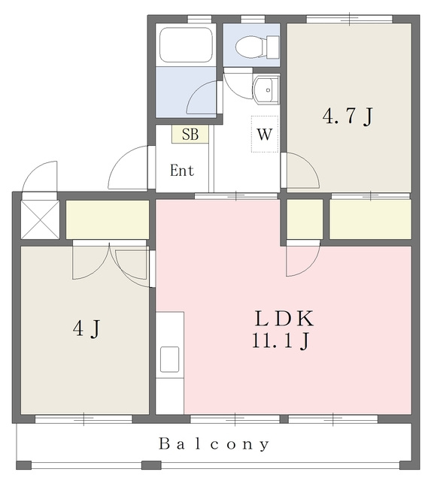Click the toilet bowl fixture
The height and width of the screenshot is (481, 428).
click(x=257, y=47)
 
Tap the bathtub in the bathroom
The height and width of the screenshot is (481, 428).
click(x=186, y=45)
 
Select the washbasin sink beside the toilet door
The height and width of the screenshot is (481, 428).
click(x=266, y=89)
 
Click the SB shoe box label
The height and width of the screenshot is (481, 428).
click(x=190, y=134)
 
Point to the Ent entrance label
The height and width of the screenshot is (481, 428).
click(x=182, y=171)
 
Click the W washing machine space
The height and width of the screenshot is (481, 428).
click(x=265, y=134)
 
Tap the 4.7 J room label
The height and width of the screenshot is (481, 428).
click(x=348, y=116)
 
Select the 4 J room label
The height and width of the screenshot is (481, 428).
click(x=87, y=328)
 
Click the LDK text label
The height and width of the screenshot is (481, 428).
click(x=284, y=319)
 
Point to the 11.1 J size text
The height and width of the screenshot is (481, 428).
click(x=281, y=340)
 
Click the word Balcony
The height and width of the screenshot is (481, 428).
click(x=214, y=444)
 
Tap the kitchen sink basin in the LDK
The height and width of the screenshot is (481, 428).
click(x=169, y=359)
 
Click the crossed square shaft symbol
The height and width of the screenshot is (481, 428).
click(x=40, y=219)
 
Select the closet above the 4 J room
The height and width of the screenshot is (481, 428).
click(x=108, y=219)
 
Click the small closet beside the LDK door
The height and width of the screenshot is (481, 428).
click(x=305, y=219)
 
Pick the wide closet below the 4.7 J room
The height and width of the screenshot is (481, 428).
click(x=370, y=219)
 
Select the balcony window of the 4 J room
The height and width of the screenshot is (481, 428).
click(x=83, y=419)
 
